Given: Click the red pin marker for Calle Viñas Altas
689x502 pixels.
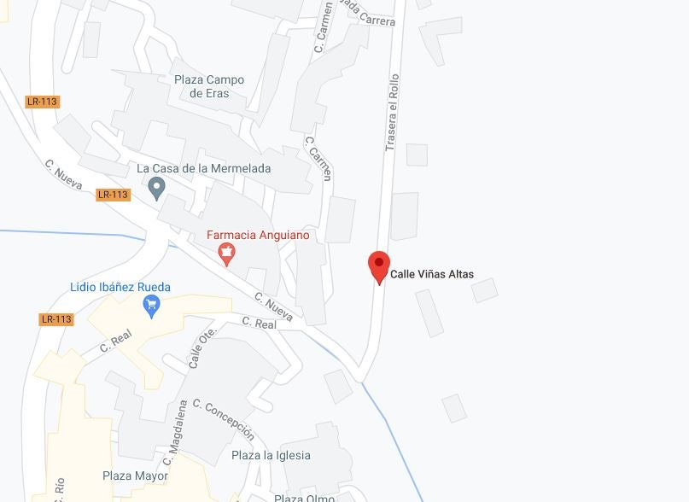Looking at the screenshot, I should pos(379,266).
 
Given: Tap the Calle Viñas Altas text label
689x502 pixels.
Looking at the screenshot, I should pos(431,275).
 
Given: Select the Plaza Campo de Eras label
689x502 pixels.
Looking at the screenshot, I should pos(209,86).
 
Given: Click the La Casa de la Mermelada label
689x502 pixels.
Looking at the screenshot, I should pos(204,169).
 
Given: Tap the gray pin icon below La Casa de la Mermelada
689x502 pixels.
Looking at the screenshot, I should pos(156,187).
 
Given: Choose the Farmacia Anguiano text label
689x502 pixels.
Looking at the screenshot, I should pos(259,235).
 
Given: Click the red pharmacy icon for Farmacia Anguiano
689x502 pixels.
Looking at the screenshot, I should pos(226,253).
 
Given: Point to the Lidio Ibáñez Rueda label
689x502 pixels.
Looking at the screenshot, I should pos(120,287).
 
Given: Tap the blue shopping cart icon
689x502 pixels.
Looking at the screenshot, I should pos(152,305).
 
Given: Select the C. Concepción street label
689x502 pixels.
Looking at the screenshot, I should pos(224,418).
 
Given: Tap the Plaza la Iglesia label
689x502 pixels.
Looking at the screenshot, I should pos(271,456).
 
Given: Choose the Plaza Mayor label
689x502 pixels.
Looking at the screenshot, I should pos(135,476).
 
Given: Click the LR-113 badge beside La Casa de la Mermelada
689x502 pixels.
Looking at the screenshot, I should pos(113,195).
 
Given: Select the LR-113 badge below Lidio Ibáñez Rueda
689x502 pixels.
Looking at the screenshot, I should pos(56,319).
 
